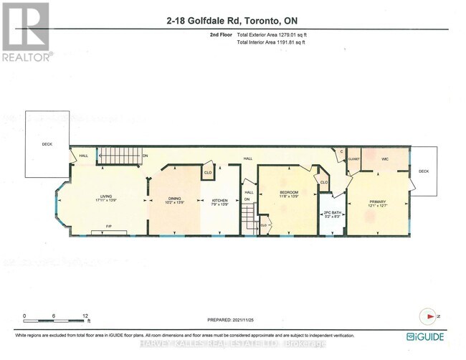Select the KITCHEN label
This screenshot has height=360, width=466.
pyautogui.click(x=219, y=200)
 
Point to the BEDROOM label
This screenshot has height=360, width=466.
pyautogui.click(x=289, y=193)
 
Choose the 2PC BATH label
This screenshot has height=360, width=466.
pyautogui.click(x=331, y=214)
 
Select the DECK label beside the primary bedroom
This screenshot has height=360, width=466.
pyautogui.click(x=423, y=171)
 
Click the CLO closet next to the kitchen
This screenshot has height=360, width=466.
pyautogui.click(x=208, y=173)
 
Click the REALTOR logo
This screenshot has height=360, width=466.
pyautogui.click(x=26, y=32)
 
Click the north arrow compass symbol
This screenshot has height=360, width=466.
pyautogui.click(x=429, y=316)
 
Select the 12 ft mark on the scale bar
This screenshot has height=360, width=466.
pyautogui.click(x=85, y=316)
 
